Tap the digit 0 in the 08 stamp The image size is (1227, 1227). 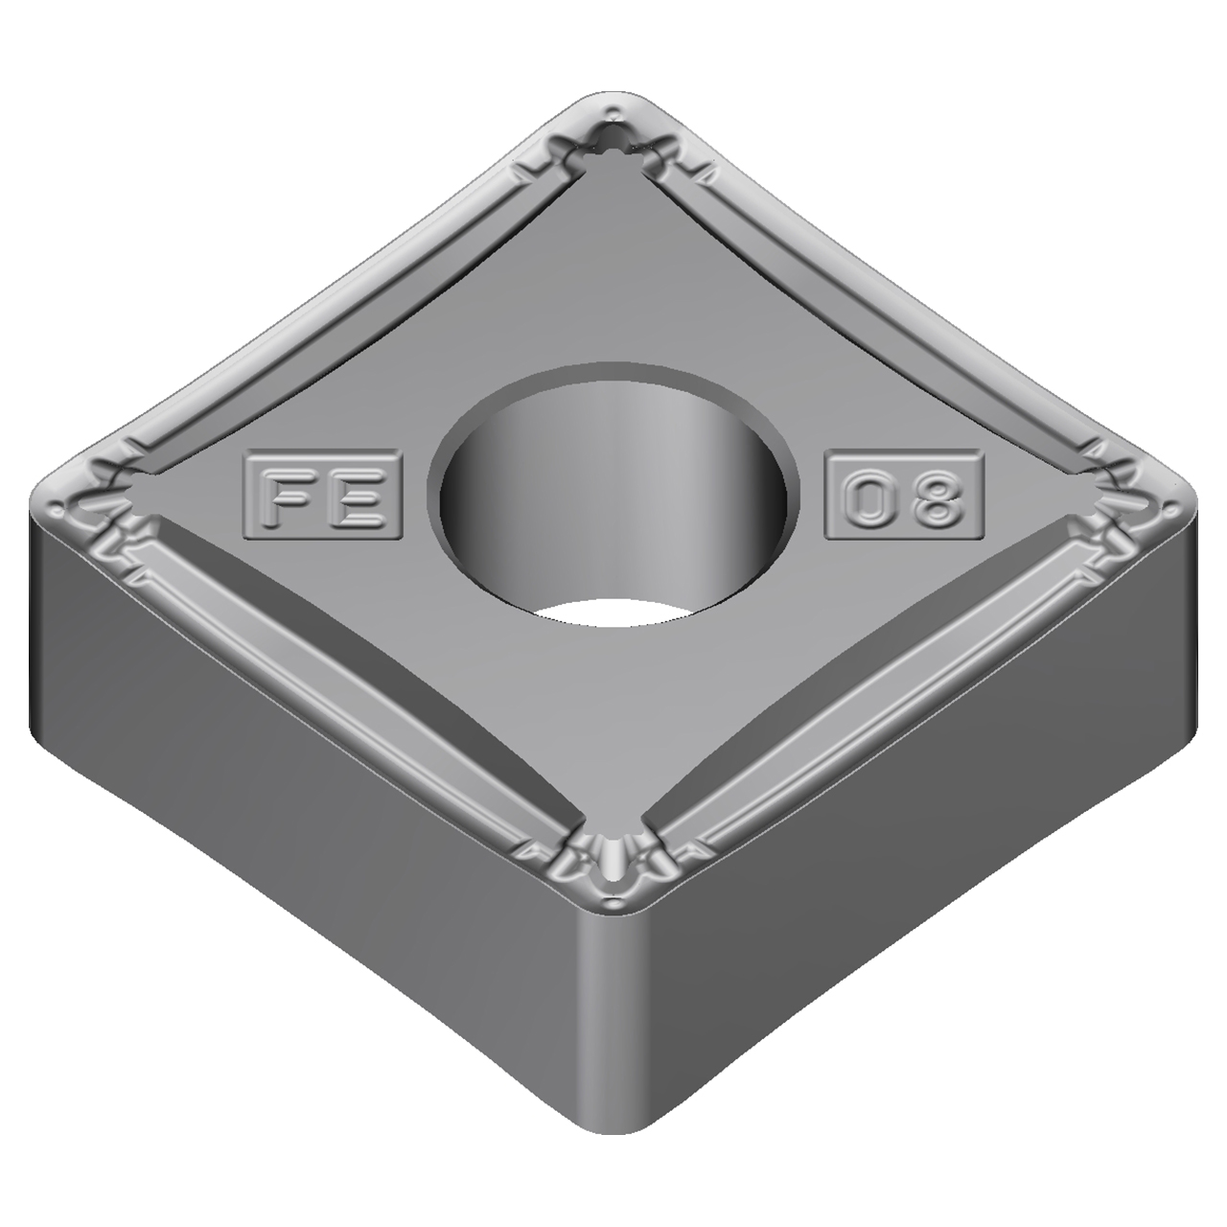(866, 496)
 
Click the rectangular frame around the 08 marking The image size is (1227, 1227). (904, 470)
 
